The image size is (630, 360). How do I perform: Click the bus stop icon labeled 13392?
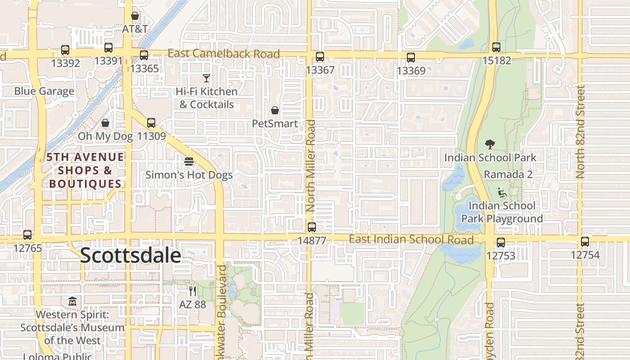65,50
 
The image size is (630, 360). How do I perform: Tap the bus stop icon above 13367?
320,57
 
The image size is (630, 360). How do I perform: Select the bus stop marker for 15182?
496,47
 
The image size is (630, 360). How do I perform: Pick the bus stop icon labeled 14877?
312,227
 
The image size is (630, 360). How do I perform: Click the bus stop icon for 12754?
585,242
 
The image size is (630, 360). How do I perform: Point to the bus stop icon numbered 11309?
151,122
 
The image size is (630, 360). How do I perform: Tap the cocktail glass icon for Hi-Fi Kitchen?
207,78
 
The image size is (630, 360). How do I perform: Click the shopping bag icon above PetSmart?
275,110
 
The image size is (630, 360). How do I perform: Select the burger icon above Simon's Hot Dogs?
189,162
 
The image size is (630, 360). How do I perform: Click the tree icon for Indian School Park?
490,144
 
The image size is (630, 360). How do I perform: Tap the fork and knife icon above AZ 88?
193,291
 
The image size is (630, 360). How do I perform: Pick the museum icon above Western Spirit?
72,301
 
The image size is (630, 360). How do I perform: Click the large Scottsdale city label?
130,256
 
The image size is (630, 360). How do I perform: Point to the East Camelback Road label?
224,54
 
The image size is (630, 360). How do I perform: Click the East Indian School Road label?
411,239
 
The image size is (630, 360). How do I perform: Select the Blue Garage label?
44,91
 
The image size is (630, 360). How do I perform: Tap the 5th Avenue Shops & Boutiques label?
85,170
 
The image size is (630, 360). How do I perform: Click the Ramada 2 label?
508,174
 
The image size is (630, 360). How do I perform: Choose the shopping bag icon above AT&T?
135,16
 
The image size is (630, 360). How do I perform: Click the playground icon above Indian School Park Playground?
502,192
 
